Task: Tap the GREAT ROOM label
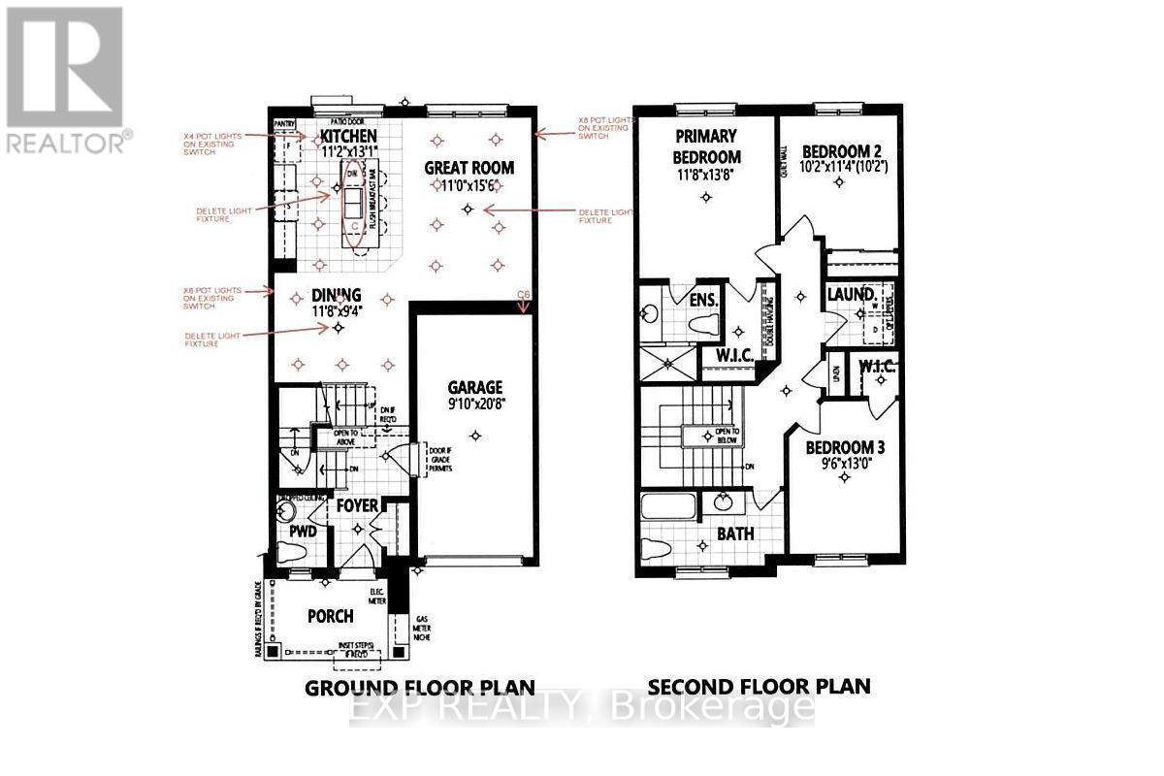point(469,168)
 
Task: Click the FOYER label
point(356,506)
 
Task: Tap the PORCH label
point(330,616)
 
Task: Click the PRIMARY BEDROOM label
point(706,146)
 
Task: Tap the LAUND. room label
point(852,294)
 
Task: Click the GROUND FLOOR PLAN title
point(420,687)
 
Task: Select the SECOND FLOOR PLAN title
point(759,687)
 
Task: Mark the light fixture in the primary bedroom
point(706,197)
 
